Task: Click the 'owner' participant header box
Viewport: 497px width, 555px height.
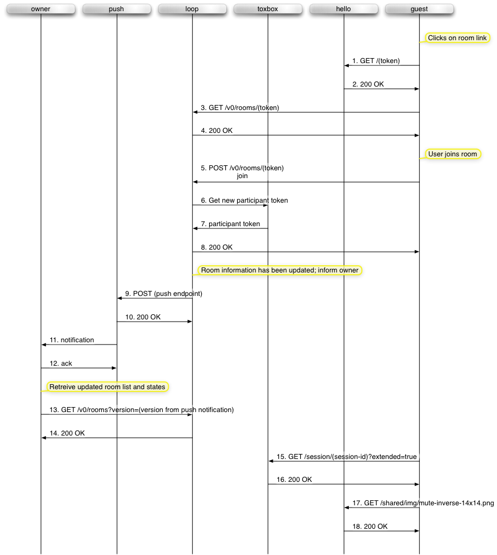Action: [x=41, y=9]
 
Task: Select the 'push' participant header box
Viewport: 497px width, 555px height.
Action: [x=116, y=9]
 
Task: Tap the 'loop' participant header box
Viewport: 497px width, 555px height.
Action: [x=192, y=9]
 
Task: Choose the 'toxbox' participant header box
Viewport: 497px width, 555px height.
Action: [x=268, y=9]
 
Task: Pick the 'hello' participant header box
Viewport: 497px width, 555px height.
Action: [x=343, y=9]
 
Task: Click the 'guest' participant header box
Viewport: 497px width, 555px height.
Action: [x=419, y=9]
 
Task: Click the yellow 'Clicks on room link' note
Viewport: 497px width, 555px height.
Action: [x=458, y=38]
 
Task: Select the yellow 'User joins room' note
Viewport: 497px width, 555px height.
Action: [x=453, y=154]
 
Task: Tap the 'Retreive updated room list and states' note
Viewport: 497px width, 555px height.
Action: [x=107, y=387]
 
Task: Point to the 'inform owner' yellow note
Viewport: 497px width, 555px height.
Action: [x=280, y=270]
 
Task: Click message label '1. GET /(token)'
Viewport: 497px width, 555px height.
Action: [x=376, y=61]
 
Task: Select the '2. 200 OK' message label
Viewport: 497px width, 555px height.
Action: [x=368, y=84]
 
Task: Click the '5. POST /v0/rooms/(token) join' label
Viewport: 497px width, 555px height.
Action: [x=242, y=172]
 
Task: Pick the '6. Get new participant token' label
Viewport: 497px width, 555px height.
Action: [x=244, y=200]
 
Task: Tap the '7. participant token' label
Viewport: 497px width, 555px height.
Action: [x=230, y=224]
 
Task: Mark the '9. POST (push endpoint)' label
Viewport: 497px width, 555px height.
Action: [x=164, y=294]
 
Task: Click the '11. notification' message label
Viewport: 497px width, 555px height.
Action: [x=72, y=340]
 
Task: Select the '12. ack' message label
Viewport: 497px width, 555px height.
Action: [x=61, y=363]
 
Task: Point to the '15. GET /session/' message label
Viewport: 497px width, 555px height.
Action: [x=347, y=457]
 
